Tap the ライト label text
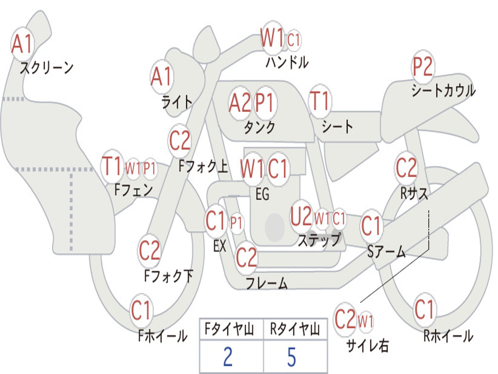tap(177, 102)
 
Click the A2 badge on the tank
tap(240, 103)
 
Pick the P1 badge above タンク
tap(265, 103)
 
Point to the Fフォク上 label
tap(203, 167)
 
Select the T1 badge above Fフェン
tap(112, 167)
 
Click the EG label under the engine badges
tap(262, 194)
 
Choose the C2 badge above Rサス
tap(406, 168)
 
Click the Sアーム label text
tap(386, 251)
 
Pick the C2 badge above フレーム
tap(246, 257)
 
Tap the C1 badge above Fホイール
tap(142, 310)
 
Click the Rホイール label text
tap(448, 336)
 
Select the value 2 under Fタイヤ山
tap(228, 357)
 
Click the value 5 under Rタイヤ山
tap(291, 357)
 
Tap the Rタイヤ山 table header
tap(295, 330)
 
